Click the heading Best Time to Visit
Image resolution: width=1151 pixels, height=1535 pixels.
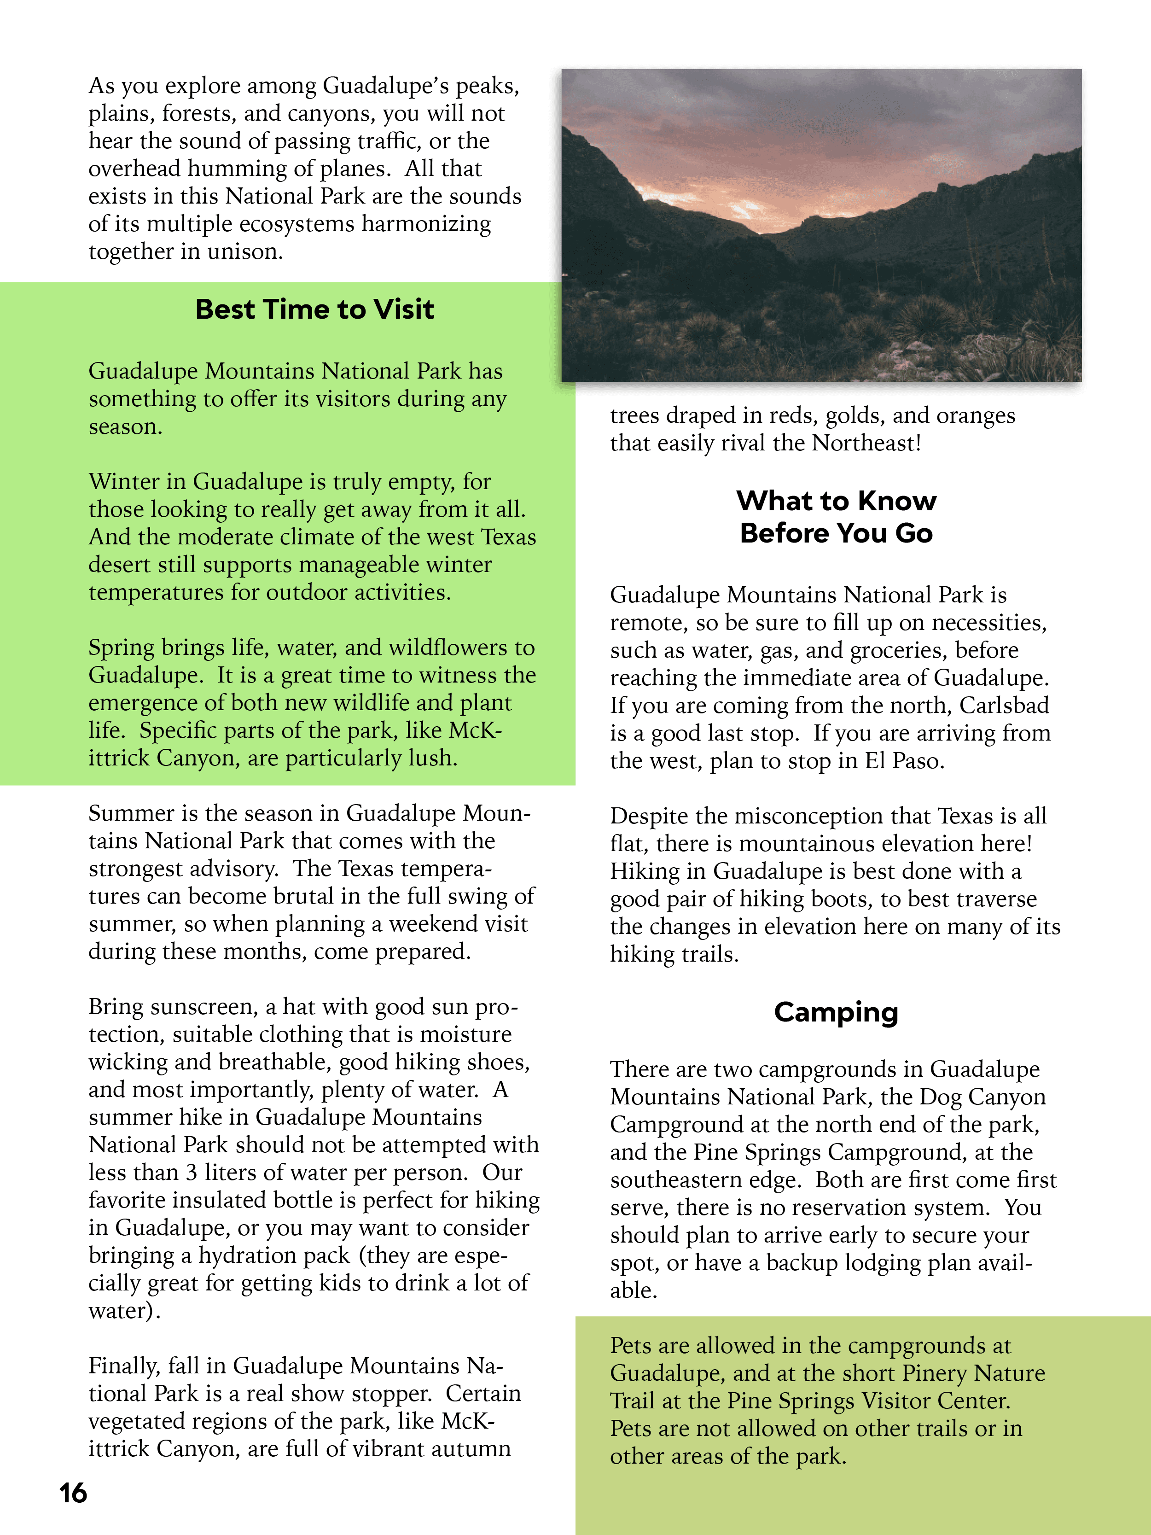click(314, 309)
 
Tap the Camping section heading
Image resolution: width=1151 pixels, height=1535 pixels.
click(836, 1012)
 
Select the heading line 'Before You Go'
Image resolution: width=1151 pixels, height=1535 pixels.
click(836, 533)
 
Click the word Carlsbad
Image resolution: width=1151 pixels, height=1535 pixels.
click(1004, 705)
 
